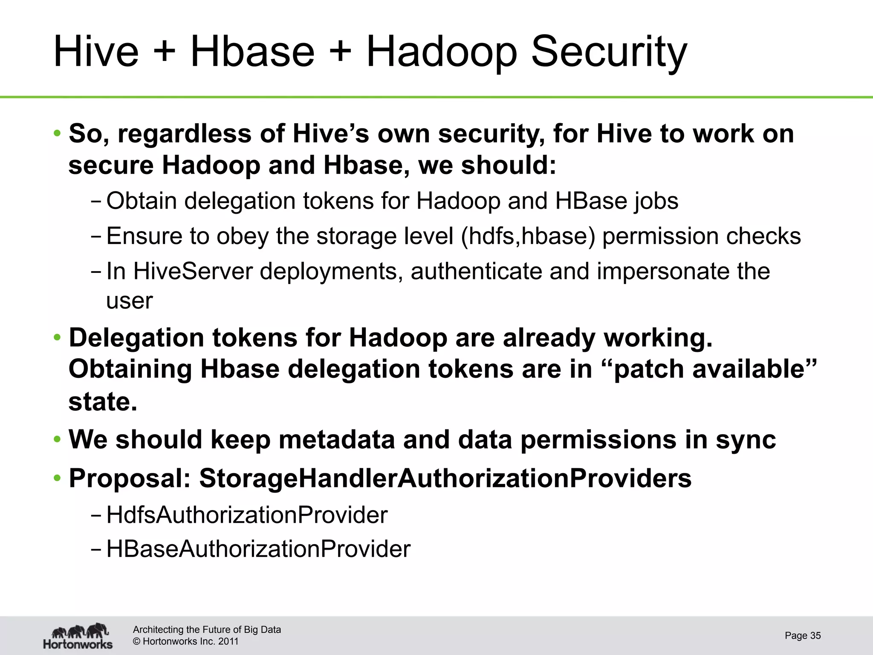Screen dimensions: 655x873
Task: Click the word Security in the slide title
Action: (x=609, y=52)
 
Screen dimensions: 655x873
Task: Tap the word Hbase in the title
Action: (x=252, y=52)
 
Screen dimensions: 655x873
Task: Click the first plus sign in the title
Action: (x=164, y=52)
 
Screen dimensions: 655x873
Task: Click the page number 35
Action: (x=815, y=635)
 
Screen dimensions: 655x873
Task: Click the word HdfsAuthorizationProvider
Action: (x=247, y=515)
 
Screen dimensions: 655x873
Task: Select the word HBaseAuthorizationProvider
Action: (x=258, y=549)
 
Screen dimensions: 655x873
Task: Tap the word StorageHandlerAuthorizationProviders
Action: (x=445, y=478)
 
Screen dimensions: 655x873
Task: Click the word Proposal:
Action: (x=130, y=478)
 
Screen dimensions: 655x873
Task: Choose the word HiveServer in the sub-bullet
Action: (x=193, y=271)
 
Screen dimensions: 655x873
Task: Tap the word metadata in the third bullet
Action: (x=337, y=440)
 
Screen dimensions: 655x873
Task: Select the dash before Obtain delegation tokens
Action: (x=96, y=201)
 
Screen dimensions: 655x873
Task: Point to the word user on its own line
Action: (x=129, y=301)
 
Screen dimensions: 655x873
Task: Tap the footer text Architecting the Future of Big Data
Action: (x=207, y=629)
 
